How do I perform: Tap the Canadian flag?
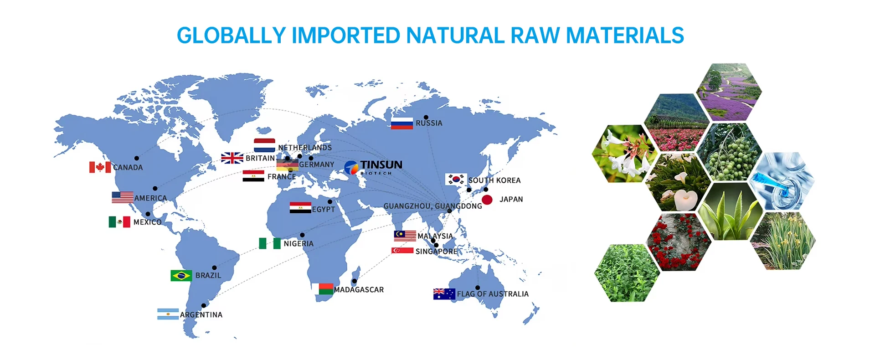pyautogui.click(x=100, y=167)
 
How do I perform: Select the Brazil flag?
pyautogui.click(x=181, y=276)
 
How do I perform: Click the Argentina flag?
pyautogui.click(x=168, y=314)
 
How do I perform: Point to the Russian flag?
pyautogui.click(x=402, y=123)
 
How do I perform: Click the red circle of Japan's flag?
pyautogui.click(x=487, y=200)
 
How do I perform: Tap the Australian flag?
pyautogui.click(x=444, y=294)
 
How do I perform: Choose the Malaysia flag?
pyautogui.click(x=405, y=236)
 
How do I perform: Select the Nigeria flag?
pyautogui.click(x=270, y=243)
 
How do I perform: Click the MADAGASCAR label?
pyautogui.click(x=359, y=290)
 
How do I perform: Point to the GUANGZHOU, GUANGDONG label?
pyautogui.click(x=432, y=206)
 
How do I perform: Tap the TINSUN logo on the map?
pyautogui.click(x=374, y=167)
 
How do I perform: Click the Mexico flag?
pyautogui.click(x=120, y=222)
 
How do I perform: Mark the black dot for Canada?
pyautogui.click(x=137, y=158)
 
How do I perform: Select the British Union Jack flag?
pyautogui.click(x=232, y=158)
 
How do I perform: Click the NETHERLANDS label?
pyautogui.click(x=305, y=148)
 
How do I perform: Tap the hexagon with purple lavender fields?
pyautogui.click(x=730, y=92)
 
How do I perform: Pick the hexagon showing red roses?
pyautogui.click(x=679, y=242)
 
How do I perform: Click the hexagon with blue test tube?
pyautogui.click(x=782, y=181)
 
